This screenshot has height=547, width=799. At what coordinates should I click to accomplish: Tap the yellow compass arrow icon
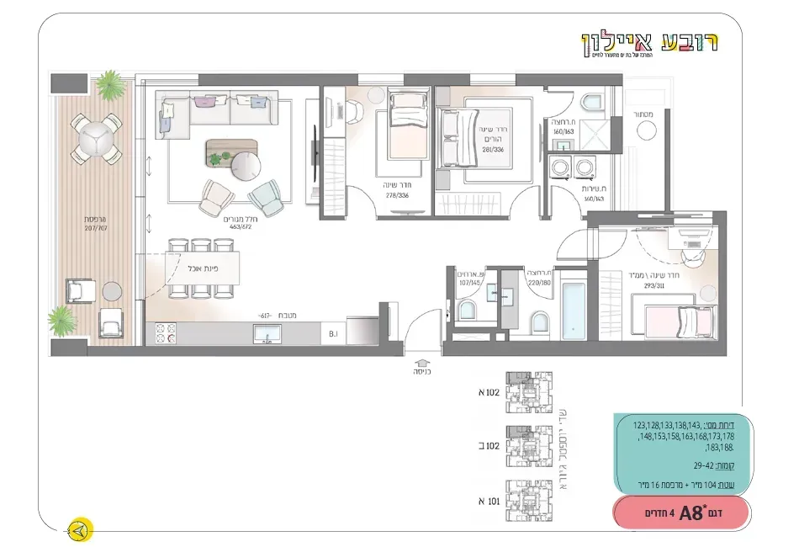pyautogui.click(x=81, y=531)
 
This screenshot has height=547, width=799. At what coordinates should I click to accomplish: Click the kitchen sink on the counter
pyautogui.click(x=265, y=336)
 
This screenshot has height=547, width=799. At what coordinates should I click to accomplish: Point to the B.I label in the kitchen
pyautogui.click(x=334, y=335)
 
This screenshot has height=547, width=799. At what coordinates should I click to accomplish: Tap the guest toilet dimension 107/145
pyautogui.click(x=469, y=281)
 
